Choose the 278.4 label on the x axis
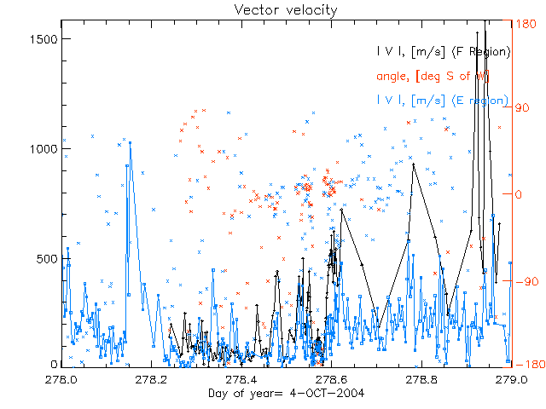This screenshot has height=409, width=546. click(243, 377)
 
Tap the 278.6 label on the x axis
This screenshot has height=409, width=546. click(332, 377)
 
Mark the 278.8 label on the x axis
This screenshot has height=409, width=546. click(421, 377)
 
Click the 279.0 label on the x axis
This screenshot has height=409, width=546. click(510, 377)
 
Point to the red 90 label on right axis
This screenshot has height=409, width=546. click(522, 108)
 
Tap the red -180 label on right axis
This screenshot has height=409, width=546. click(526, 366)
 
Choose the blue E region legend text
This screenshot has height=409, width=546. click(443, 101)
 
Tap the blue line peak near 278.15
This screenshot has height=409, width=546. click(130, 142)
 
